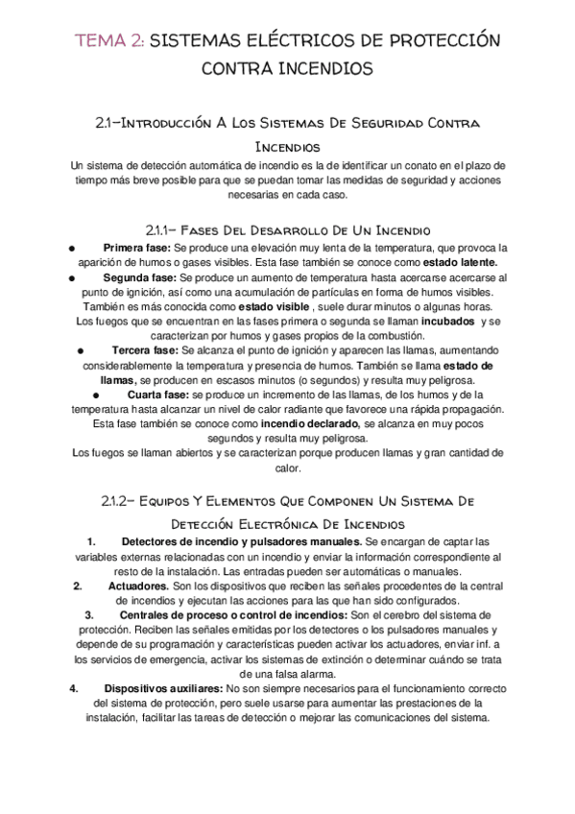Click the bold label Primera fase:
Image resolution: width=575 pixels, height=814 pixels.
(136, 247)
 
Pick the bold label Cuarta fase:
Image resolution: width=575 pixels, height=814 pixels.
(157, 395)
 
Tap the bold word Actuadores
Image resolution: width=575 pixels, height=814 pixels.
(137, 586)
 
